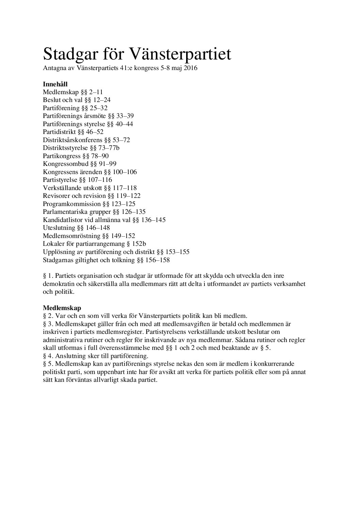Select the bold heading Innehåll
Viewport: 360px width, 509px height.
(55, 84)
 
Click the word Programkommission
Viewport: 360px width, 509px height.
(72, 204)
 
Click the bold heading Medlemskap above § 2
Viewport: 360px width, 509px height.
(62, 308)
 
